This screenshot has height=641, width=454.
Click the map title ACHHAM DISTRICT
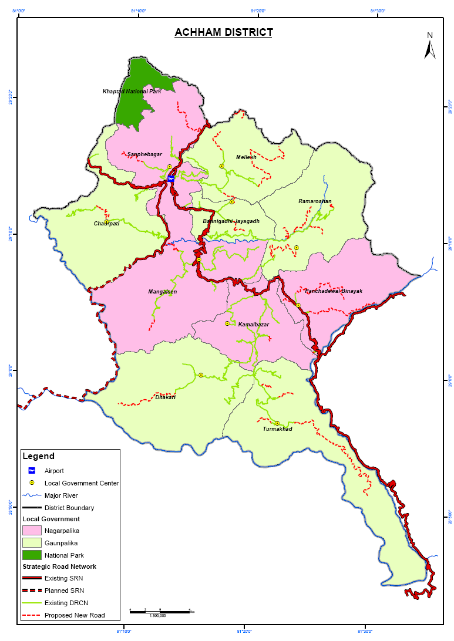223,32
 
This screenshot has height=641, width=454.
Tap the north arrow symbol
429,46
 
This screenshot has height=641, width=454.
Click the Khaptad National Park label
132,92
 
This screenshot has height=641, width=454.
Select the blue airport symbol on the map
170,178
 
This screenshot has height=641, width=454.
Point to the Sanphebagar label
144,154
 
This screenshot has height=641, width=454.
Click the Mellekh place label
246,157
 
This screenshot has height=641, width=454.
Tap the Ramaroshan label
315,201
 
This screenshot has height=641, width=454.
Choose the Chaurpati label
106,224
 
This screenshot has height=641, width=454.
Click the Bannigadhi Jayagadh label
231,221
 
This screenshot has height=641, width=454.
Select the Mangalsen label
163,292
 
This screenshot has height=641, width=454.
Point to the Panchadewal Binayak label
334,291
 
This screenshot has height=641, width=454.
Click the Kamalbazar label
253,325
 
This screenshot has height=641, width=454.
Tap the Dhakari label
165,397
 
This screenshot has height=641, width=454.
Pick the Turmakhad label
277,429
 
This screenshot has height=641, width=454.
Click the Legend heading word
38,456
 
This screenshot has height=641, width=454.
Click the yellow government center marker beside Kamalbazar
227,323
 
